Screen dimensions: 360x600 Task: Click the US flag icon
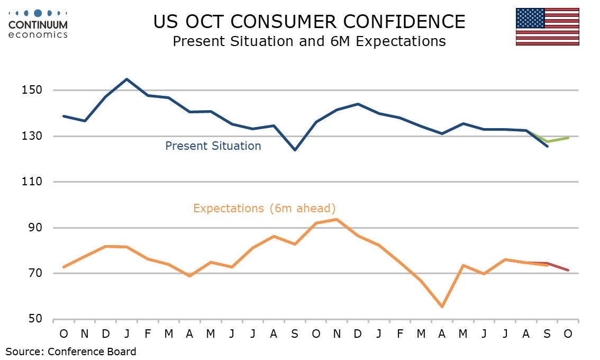point(547,26)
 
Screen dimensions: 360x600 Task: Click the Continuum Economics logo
point(38,24)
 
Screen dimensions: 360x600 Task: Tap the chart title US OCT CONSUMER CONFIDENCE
point(309,22)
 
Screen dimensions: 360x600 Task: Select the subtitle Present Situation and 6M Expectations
point(309,41)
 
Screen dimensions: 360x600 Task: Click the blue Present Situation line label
point(213,146)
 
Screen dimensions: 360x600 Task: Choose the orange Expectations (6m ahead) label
point(264,208)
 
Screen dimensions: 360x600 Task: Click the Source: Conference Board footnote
point(71,352)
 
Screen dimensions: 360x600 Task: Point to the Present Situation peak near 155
point(126,79)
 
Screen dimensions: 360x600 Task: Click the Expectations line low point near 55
point(442,307)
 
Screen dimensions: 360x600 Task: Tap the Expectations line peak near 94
point(337,219)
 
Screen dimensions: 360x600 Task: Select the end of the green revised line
point(568,138)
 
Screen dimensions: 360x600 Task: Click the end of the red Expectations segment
point(568,271)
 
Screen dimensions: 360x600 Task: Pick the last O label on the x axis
point(568,334)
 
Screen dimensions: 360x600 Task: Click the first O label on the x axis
point(63,334)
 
